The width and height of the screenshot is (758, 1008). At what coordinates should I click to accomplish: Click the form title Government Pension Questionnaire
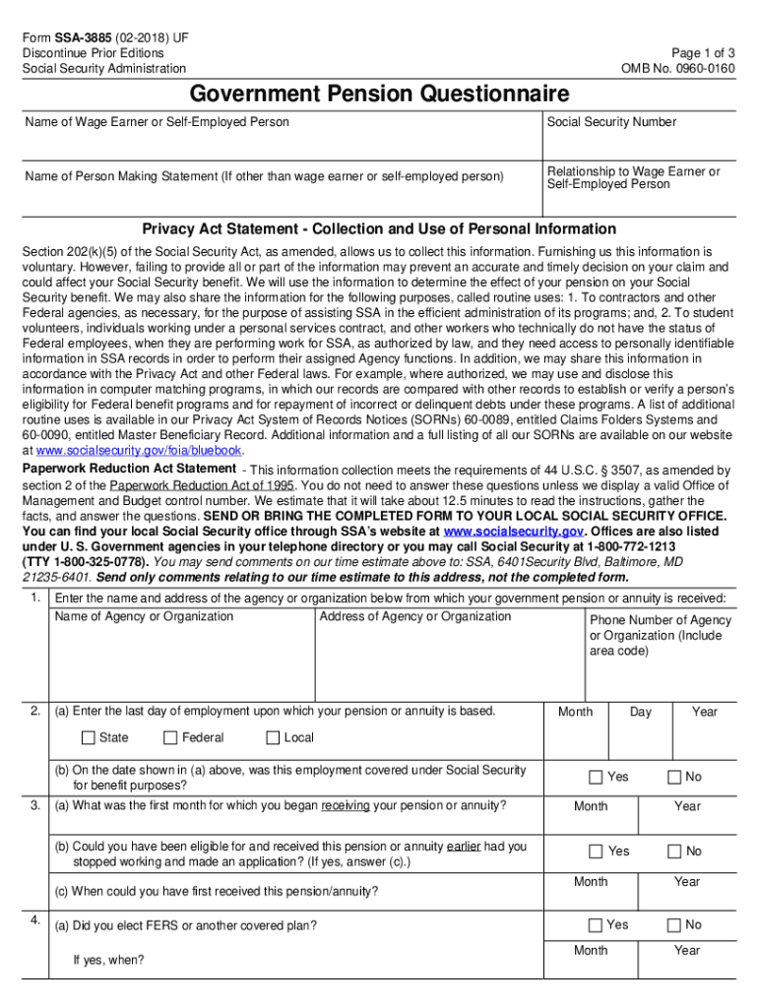click(x=379, y=94)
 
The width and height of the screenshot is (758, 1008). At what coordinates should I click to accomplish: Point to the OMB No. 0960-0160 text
click(x=677, y=68)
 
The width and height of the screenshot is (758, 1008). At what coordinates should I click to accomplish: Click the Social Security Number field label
click(x=611, y=122)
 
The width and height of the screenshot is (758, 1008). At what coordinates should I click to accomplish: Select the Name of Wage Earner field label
click(x=158, y=122)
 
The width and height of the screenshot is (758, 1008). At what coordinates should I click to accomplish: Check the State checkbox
click(x=89, y=737)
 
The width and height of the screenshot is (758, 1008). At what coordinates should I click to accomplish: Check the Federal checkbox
click(x=170, y=737)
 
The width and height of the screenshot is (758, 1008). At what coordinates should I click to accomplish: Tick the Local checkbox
click(x=273, y=737)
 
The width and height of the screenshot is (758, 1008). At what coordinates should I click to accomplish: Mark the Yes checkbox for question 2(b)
click(x=596, y=777)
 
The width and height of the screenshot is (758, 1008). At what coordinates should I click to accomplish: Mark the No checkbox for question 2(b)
click(x=674, y=777)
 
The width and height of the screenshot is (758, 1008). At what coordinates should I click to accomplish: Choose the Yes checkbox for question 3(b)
click(x=596, y=850)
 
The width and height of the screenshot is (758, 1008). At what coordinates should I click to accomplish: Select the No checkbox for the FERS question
click(x=674, y=924)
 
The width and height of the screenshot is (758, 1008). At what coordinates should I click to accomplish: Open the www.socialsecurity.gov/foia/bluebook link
click(x=138, y=451)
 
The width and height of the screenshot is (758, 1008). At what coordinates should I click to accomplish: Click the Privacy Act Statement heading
click(x=379, y=228)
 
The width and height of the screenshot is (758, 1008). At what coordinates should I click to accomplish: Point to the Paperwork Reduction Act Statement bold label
click(x=129, y=469)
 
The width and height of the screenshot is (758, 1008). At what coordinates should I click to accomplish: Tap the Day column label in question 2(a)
click(x=640, y=712)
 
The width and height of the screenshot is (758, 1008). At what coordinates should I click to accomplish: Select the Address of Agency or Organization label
click(x=415, y=616)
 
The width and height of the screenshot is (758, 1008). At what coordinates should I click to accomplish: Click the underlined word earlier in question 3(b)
click(x=463, y=846)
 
